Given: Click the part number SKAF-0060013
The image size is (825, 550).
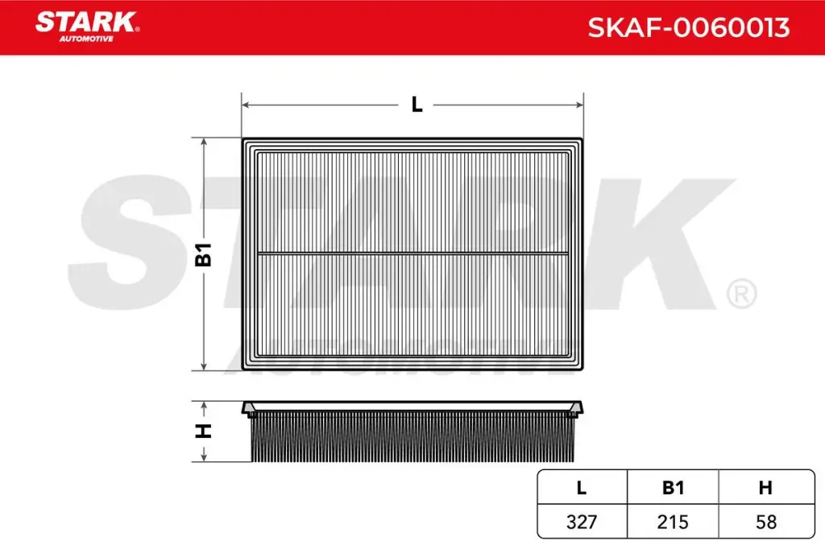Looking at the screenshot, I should coord(688,27).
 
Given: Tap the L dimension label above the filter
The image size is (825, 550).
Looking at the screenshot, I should coord(417,105).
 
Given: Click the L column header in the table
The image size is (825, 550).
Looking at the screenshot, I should coord(582,488).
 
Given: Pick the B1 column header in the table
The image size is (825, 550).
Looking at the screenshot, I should coord(673,488).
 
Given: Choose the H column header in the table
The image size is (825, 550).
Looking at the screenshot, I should coord(765,488).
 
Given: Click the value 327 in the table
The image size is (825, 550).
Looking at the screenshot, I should coord(582,522).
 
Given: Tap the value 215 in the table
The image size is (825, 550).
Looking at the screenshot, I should coord(673,522).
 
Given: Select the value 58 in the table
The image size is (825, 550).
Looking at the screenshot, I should coord(765,522).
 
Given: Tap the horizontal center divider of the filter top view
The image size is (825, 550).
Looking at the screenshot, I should coord(412,253).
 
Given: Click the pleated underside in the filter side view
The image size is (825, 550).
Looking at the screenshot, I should coord(412,440).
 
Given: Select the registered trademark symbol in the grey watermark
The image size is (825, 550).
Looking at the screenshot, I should coord(740,294).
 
